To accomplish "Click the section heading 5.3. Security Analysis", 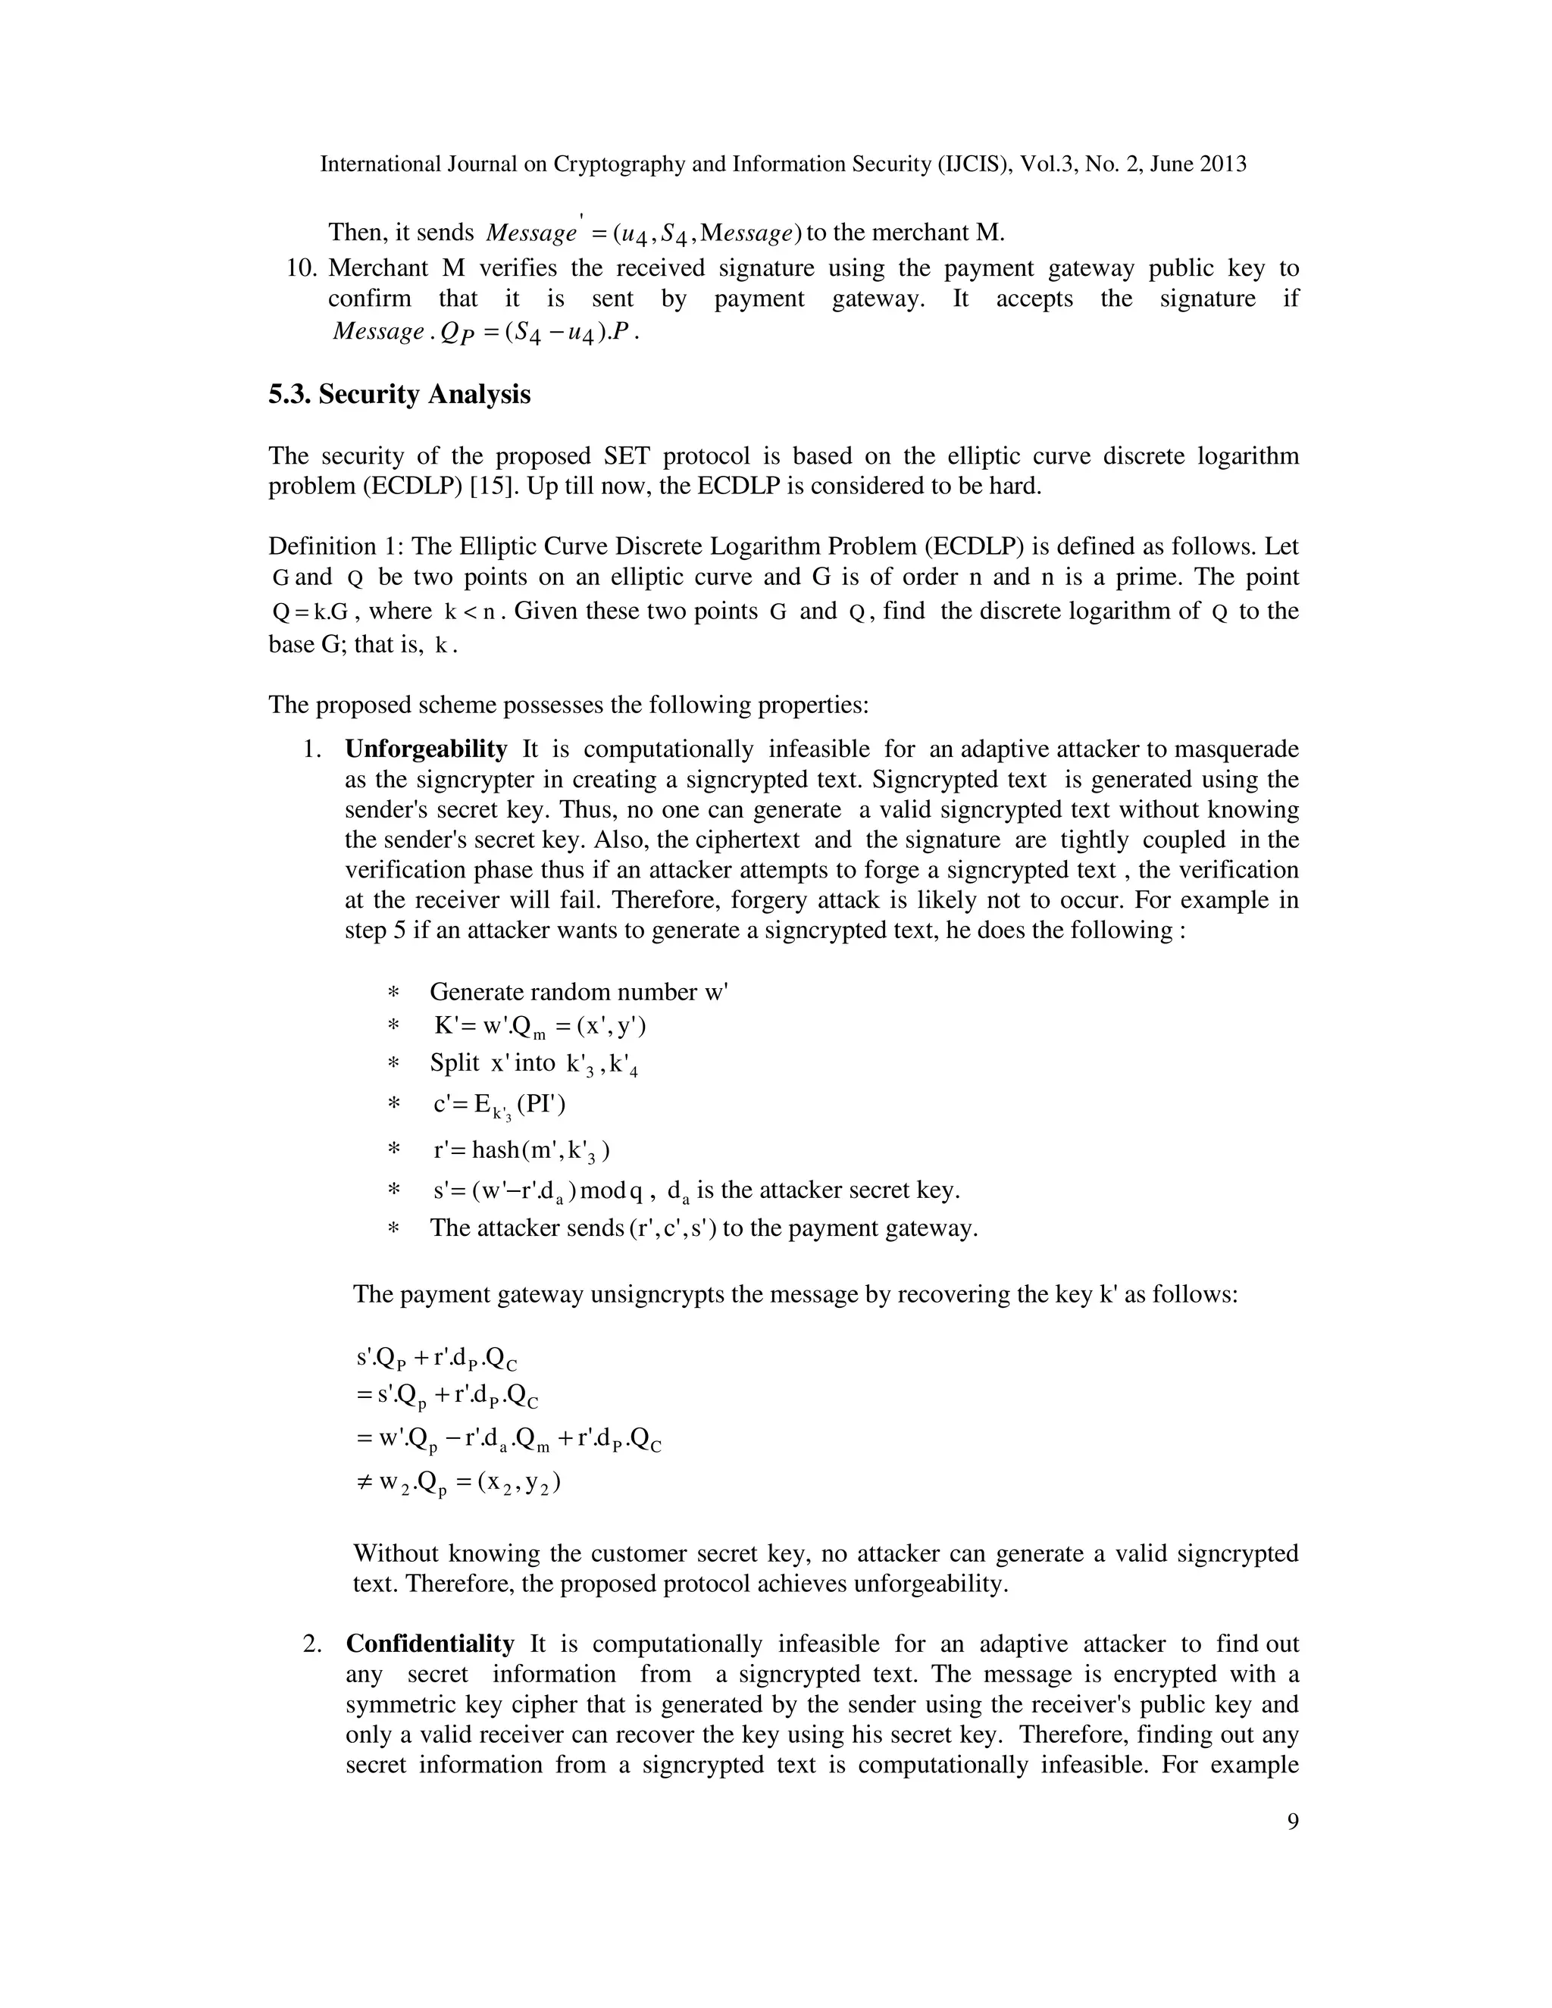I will [399, 395].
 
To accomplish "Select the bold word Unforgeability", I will [426, 749].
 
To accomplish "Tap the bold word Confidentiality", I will [430, 1644].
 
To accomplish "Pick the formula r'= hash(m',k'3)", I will [521, 1151].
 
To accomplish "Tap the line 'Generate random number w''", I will [578, 992].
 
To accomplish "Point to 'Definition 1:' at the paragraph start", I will [336, 547].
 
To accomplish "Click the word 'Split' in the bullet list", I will [454, 1064].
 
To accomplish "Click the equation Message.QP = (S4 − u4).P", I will [484, 332].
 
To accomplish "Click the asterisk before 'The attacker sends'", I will [393, 1229].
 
